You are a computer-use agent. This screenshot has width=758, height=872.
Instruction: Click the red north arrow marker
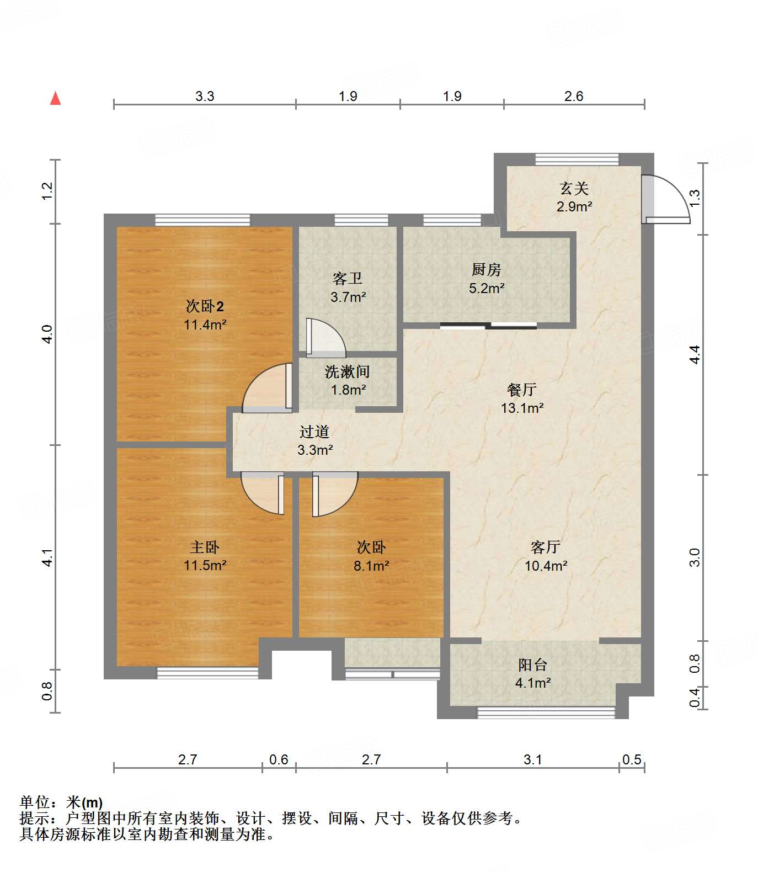[x=55, y=98]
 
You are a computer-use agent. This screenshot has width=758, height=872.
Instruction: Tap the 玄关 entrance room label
[x=574, y=189]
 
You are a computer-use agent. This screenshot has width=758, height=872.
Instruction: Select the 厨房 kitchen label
[x=487, y=269]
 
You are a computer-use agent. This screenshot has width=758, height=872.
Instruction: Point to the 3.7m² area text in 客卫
[x=349, y=297]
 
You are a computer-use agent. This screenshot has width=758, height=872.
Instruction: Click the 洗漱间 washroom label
[x=348, y=371]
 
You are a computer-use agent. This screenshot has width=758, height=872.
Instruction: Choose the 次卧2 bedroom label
[x=205, y=306]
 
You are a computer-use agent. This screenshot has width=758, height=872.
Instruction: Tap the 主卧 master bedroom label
[x=205, y=547]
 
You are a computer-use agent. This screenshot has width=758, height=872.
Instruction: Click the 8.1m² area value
[x=372, y=566]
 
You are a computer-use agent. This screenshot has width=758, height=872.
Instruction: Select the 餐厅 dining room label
[x=522, y=390]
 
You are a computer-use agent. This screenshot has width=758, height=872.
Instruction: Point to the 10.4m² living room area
[x=546, y=566]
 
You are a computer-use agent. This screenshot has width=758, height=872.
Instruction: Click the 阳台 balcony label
[x=533, y=664]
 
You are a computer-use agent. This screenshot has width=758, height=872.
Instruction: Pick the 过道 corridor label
[x=314, y=432]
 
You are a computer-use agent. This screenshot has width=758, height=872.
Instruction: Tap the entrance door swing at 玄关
[x=665, y=199]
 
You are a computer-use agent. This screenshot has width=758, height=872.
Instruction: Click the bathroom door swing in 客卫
[x=325, y=337]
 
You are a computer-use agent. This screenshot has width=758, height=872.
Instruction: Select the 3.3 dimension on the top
[x=205, y=96]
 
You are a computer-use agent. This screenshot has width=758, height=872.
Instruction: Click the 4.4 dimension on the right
[x=695, y=354]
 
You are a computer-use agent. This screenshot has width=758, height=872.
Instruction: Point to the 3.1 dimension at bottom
[x=533, y=759]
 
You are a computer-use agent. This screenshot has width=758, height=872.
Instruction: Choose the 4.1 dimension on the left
[x=47, y=557]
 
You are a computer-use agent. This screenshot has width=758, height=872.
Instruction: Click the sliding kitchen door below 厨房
[x=488, y=326]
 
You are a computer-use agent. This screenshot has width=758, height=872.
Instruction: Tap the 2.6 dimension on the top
[x=574, y=96]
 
